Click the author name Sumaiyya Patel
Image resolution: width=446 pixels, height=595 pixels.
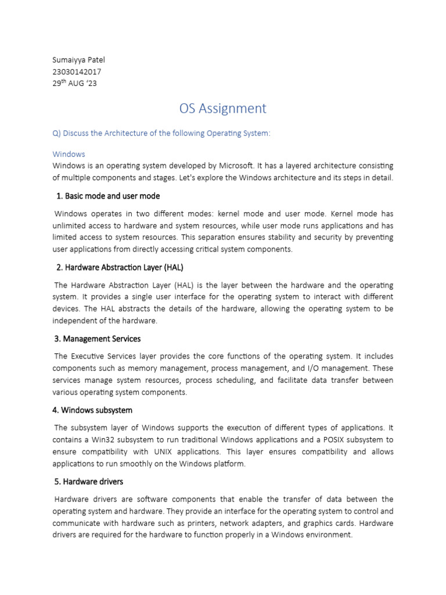pos(79,60)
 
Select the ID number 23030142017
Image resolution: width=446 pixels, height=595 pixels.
pos(77,71)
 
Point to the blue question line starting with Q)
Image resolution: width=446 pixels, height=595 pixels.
pos(161,133)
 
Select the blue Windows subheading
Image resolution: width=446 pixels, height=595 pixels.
pos(69,154)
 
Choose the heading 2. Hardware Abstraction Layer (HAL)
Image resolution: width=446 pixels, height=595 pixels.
pos(120,267)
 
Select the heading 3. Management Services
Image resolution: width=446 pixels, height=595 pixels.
pos(98,339)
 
